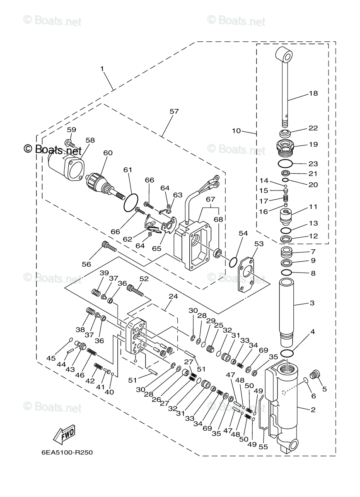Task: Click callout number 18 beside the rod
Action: [x=313, y=93]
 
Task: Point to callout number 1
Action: [x=102, y=69]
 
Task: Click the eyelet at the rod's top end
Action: [x=284, y=54]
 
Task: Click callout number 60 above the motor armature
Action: [x=108, y=153]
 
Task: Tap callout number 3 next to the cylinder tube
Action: [x=312, y=303]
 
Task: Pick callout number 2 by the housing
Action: [x=313, y=410]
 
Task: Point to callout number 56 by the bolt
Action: [x=86, y=263]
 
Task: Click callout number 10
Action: [x=236, y=130]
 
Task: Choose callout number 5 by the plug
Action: [x=324, y=388]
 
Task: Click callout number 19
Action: [x=313, y=145]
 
